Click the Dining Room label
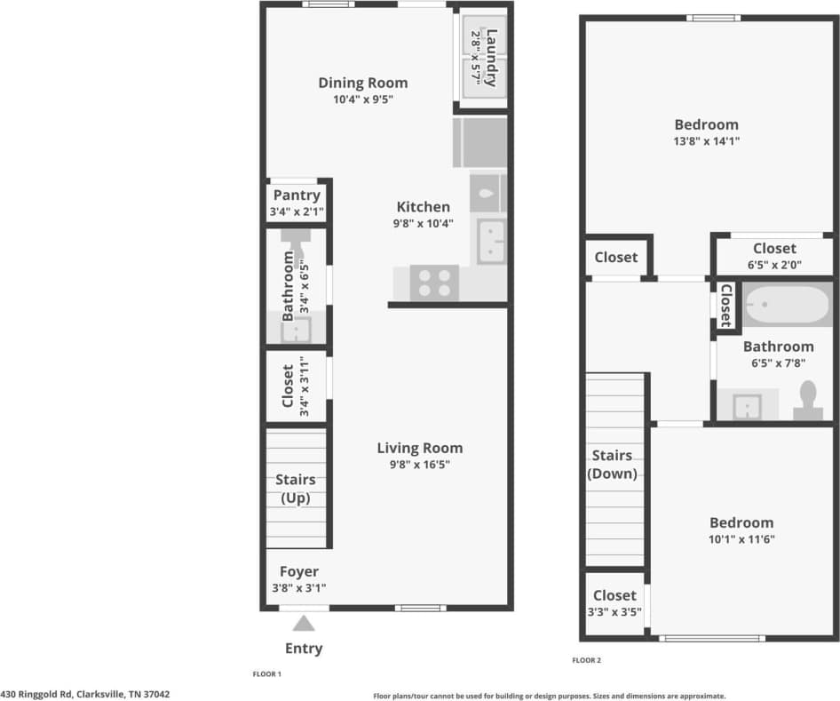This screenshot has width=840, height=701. [x=363, y=84]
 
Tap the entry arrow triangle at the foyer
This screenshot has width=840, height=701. [x=305, y=624]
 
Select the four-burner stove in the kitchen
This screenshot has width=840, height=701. [x=434, y=283]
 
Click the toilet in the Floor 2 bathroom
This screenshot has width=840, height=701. [x=808, y=400]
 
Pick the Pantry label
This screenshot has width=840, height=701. [x=297, y=195]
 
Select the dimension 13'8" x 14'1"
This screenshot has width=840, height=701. [x=706, y=140]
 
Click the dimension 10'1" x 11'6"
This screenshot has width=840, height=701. [x=741, y=538]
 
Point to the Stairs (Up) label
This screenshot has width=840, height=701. [x=297, y=489]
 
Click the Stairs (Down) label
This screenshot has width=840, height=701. [x=613, y=465]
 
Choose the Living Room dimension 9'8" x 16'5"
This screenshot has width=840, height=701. [x=419, y=464]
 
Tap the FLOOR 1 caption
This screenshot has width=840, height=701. [x=266, y=674]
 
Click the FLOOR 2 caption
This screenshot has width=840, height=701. [x=586, y=660]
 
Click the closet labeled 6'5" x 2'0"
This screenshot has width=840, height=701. [x=774, y=256]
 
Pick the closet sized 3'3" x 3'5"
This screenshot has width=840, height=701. [x=614, y=603]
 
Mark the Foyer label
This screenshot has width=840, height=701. [x=299, y=571]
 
